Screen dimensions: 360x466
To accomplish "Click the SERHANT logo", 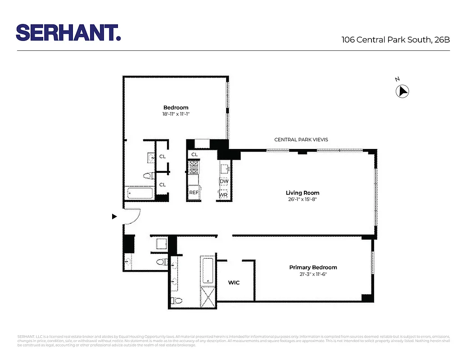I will pyautogui.click(x=68, y=33).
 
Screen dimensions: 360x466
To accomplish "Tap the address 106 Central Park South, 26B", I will pyautogui.click(x=396, y=40).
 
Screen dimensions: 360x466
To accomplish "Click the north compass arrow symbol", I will pyautogui.click(x=402, y=91).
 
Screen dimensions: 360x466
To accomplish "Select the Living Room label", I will pyautogui.click(x=303, y=193).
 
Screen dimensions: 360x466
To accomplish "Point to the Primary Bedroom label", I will pyautogui.click(x=313, y=267).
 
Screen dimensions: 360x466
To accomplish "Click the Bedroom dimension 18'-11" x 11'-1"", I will pyautogui.click(x=176, y=114).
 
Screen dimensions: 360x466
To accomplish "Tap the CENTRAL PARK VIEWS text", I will pyautogui.click(x=301, y=139).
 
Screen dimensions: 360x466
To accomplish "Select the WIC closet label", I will pyautogui.click(x=234, y=283).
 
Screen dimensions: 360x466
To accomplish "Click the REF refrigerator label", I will pyautogui.click(x=194, y=193).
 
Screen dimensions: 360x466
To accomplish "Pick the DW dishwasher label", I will pyautogui.click(x=224, y=181).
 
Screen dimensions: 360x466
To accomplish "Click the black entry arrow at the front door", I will pyautogui.click(x=114, y=216).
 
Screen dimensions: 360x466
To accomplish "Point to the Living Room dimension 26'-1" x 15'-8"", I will pyautogui.click(x=303, y=199).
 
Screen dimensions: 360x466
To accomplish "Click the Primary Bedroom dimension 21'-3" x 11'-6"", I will pyautogui.click(x=313, y=274).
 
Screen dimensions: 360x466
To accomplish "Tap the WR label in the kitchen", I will pyautogui.click(x=223, y=195).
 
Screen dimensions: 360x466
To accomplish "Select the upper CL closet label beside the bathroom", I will pyautogui.click(x=162, y=157).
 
